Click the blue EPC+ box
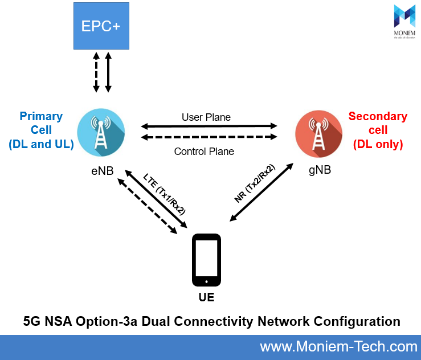coord(101,26)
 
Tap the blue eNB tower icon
coord(101,133)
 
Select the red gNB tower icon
coord(318,133)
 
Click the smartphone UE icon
coord(207,260)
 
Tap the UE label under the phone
coord(207,297)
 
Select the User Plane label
coord(206,117)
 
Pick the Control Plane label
coord(204,152)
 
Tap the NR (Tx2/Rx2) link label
coord(255,183)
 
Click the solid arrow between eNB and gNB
coord(209,126)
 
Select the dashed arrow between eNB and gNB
coord(209,137)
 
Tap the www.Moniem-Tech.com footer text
coord(338,346)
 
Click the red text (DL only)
coord(378,145)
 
